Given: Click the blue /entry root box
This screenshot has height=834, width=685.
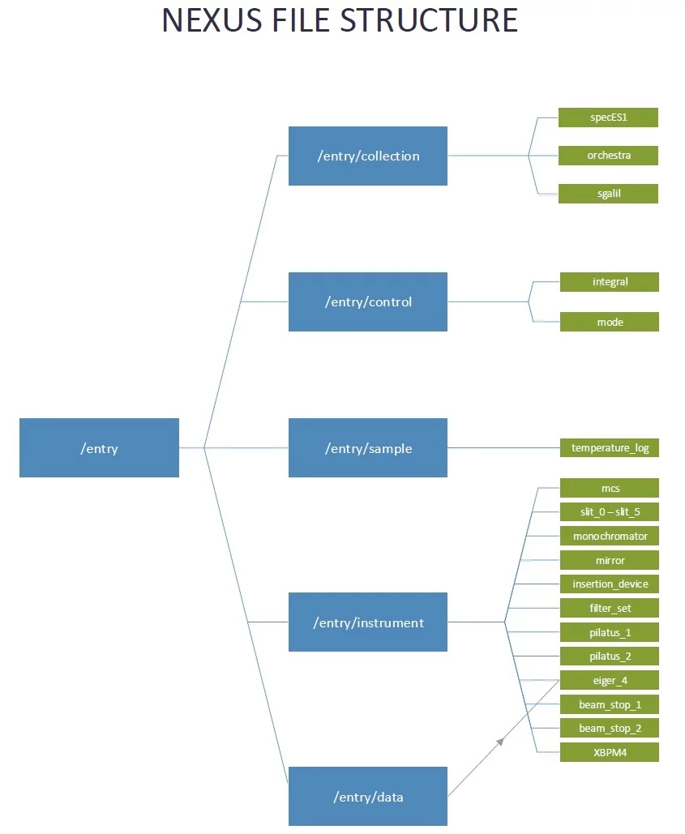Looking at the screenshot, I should pyautogui.click(x=99, y=447).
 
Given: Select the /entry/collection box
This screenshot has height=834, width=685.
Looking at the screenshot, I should pyautogui.click(x=367, y=156).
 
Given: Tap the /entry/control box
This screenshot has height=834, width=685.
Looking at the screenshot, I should pyautogui.click(x=367, y=302).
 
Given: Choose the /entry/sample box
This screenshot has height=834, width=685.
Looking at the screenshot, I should pyautogui.click(x=367, y=447).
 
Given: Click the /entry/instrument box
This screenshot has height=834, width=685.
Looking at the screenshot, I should pyautogui.click(x=367, y=622).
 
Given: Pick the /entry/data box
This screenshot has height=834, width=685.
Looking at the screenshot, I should pyautogui.click(x=367, y=796).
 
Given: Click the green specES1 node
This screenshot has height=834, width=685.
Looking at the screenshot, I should pyautogui.click(x=608, y=118).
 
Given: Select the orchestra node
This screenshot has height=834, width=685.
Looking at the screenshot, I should pyautogui.click(x=608, y=155).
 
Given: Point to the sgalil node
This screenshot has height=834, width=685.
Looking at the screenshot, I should pyautogui.click(x=608, y=194).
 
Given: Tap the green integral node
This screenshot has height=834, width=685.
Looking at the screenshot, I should pyautogui.click(x=610, y=282).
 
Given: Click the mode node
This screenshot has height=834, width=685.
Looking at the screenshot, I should pyautogui.click(x=610, y=322).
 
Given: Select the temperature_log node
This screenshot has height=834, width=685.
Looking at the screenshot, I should pyautogui.click(x=610, y=447).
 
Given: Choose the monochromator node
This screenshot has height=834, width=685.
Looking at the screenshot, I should pyautogui.click(x=610, y=536).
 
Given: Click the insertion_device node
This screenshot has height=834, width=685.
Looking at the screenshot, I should pyautogui.click(x=610, y=584).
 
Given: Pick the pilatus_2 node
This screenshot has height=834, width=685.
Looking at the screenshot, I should pyautogui.click(x=610, y=656).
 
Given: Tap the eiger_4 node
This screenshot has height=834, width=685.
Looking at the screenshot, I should pyautogui.click(x=610, y=680).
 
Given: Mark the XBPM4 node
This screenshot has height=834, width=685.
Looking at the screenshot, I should pyautogui.click(x=610, y=752).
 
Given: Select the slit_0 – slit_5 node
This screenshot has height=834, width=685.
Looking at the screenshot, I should pyautogui.click(x=610, y=511).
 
